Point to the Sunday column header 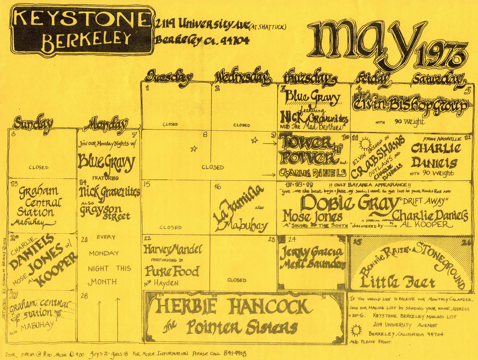point(33,124)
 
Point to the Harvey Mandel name point(173,250)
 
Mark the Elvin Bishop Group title point(410,104)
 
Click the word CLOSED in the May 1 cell point(170,124)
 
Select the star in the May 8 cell point(194,149)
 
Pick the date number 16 point(217,186)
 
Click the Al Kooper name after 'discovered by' point(426,225)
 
